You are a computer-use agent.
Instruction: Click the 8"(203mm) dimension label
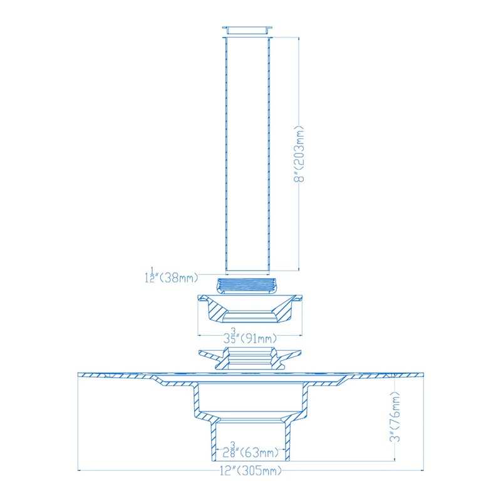point(301,153)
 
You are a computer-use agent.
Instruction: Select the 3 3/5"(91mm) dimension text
point(249,338)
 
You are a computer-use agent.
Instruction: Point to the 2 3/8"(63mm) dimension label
point(249,452)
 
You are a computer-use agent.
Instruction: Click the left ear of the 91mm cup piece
point(204,299)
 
